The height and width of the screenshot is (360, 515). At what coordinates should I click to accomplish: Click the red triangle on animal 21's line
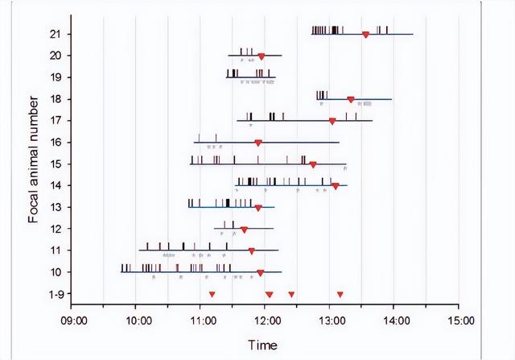[366, 35]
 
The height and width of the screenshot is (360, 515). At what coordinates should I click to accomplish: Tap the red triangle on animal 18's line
[351, 100]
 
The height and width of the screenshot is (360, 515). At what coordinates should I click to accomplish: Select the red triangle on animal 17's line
[332, 122]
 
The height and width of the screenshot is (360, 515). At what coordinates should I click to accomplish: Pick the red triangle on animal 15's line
[313, 164]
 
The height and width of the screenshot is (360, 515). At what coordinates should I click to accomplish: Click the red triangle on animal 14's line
[336, 186]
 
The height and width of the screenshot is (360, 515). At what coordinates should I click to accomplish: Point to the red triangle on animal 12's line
[244, 230]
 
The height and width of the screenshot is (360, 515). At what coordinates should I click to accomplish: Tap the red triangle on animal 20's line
[262, 56]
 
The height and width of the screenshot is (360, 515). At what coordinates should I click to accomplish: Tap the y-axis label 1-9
[54, 295]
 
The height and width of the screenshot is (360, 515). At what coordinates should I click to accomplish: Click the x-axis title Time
[263, 346]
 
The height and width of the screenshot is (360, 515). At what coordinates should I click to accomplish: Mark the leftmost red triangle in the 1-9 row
[212, 295]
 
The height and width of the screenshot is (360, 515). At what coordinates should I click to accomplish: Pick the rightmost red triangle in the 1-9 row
[340, 295]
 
